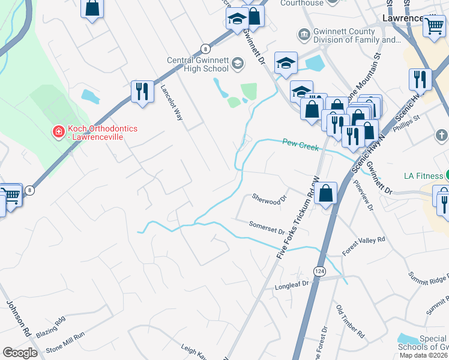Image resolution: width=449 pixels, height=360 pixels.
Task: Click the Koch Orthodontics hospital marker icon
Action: pyautogui.click(x=58, y=131)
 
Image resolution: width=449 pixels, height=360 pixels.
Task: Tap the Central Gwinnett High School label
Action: pyautogui.click(x=199, y=64)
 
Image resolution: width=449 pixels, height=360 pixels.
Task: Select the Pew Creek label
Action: pyautogui.click(x=300, y=144)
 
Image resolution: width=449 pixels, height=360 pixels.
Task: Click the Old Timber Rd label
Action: pyautogui.click(x=351, y=321)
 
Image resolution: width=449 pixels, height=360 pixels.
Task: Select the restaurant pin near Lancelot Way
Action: pyautogui.click(x=142, y=91)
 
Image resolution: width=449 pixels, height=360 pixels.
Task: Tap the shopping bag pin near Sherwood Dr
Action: pyautogui.click(x=325, y=193)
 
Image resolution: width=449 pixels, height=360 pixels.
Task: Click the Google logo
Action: pyautogui.click(x=20, y=353)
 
